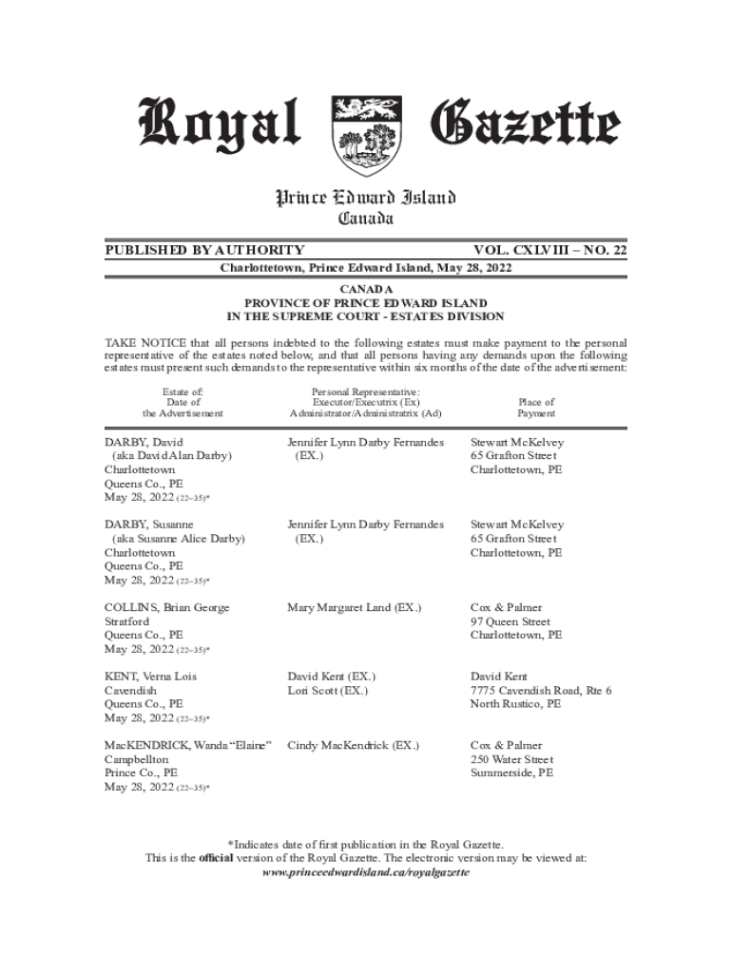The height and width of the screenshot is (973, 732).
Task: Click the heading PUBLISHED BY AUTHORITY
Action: [204, 250]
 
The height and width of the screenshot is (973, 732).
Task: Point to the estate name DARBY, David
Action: [144, 443]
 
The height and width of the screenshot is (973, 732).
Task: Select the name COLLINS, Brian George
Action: [166, 607]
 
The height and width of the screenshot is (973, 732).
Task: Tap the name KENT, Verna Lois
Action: [151, 677]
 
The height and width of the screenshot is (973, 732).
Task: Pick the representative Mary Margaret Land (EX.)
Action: [354, 607]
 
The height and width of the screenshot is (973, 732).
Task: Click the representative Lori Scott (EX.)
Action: [327, 691]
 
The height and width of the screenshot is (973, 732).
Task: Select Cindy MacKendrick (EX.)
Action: [353, 746]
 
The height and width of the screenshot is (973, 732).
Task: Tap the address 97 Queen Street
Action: [510, 621]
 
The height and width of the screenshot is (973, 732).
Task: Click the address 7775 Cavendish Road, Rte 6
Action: [541, 691]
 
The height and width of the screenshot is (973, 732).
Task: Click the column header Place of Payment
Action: [536, 408]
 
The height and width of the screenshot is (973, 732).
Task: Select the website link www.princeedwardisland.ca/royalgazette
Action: [366, 872]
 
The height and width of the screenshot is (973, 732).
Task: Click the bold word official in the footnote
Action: [216, 858]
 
